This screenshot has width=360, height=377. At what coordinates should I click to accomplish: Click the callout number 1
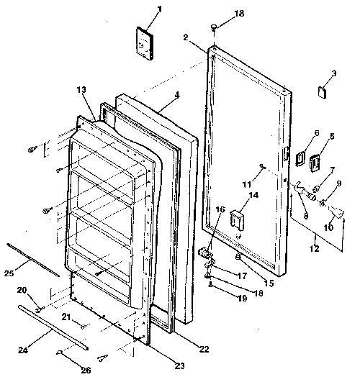[x=160, y=9]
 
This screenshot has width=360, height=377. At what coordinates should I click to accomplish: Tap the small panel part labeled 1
[x=145, y=43]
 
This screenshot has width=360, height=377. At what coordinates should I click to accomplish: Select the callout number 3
[x=334, y=73]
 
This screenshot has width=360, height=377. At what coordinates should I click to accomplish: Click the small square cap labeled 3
[x=323, y=92]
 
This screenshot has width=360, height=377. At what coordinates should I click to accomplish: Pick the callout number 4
[x=300, y=158]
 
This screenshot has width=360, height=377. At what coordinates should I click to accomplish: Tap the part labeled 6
[x=300, y=158]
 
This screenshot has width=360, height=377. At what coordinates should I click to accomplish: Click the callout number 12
[x=314, y=248]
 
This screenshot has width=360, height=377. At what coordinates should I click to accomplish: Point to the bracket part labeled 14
[x=238, y=219]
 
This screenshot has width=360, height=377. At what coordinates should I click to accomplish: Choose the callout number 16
[x=220, y=209]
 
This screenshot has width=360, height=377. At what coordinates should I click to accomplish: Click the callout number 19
[x=242, y=299]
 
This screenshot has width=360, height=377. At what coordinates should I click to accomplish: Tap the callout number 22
[x=204, y=349]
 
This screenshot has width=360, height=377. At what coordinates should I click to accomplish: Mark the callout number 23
[x=179, y=365]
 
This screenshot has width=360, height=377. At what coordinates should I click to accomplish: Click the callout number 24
[x=23, y=350]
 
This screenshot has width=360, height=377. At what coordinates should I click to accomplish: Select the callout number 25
[x=9, y=273]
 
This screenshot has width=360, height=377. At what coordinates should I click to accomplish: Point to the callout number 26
[x=86, y=370]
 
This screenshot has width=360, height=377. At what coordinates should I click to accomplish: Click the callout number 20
[x=22, y=290]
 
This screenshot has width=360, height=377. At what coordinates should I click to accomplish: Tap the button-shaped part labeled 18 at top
[x=214, y=27]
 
